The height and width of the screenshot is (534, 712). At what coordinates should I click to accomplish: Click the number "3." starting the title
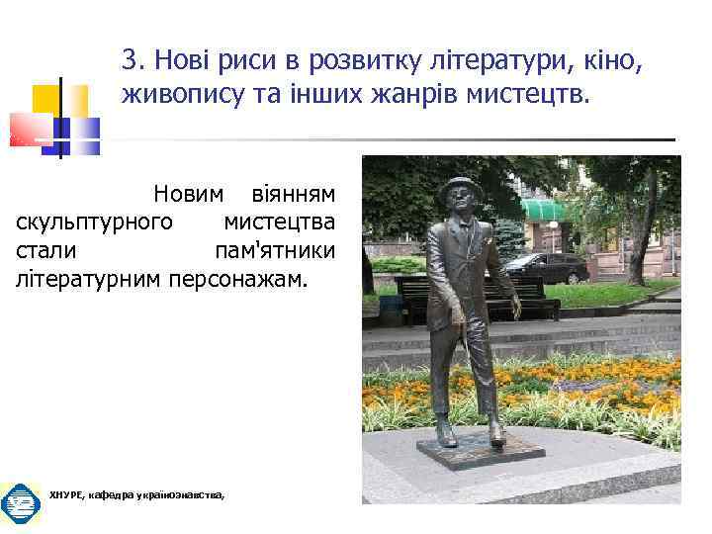click(133, 64)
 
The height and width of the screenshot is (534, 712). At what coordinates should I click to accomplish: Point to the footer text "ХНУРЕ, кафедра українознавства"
click(136, 495)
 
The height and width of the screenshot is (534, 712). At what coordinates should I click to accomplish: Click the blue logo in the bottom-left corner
click(19, 503)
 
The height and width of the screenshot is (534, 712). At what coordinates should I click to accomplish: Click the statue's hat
click(457, 187)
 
